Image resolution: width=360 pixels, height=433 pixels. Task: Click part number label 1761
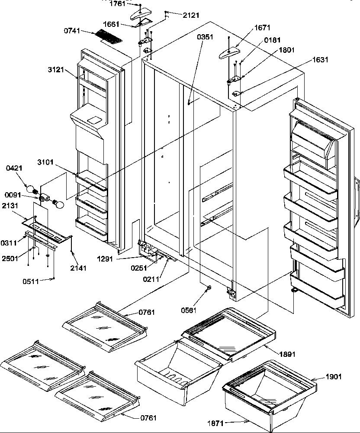coord(117,4)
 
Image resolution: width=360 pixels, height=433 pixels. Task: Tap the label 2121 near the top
coord(191,15)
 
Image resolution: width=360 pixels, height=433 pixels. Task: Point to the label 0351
coord(205,37)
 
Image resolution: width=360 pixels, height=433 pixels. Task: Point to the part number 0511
coord(31,281)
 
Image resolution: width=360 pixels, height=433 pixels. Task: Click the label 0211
coord(151,279)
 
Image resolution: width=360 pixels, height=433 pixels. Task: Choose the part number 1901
coord(333,377)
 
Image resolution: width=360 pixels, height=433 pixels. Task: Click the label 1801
coord(286,50)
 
